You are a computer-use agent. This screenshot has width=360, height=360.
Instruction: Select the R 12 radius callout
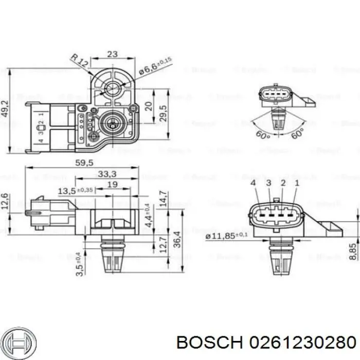(80, 62)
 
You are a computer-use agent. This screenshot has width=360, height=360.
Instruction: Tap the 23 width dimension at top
(113, 54)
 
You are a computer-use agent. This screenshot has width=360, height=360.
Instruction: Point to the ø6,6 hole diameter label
(155, 68)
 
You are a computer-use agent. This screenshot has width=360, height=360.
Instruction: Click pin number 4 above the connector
(253, 184)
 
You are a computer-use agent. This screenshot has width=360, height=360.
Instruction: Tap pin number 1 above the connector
(297, 184)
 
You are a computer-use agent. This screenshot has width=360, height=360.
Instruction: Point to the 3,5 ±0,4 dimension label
(79, 264)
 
